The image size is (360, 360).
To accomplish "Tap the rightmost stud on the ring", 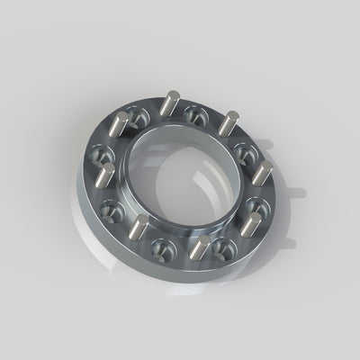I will coord(262,172).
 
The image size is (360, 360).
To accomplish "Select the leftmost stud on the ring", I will coord(106,176).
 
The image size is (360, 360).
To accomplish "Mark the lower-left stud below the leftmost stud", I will coord(141,227).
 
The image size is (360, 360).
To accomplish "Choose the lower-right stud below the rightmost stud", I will coord(253,225).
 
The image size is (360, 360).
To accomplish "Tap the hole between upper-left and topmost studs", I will coord(136,116).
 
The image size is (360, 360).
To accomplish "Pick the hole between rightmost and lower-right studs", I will coord(258,202).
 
